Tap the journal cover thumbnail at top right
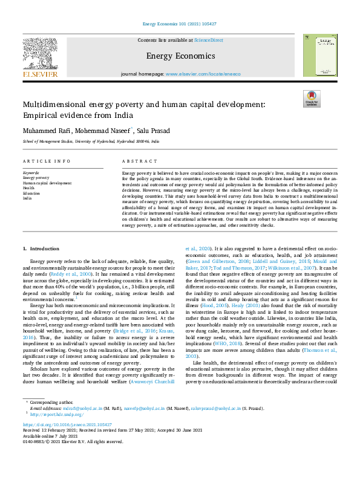[320, 55]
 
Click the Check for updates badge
[312, 99]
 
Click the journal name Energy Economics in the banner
[180, 56]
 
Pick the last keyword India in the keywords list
[27, 197]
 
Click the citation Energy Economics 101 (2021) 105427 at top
[180, 24]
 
